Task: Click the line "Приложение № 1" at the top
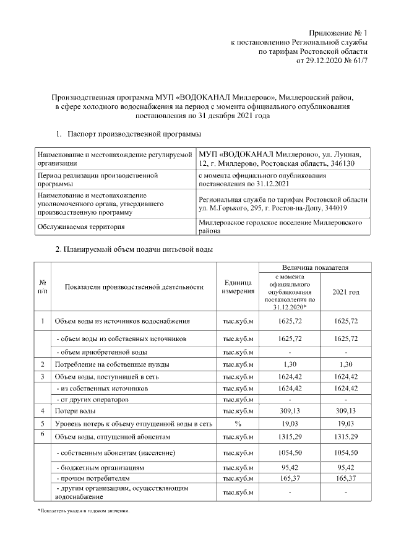(x=338, y=33)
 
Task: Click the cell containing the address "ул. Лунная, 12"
(x=282, y=158)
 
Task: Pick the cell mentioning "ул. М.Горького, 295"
(x=282, y=204)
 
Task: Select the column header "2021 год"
(x=345, y=291)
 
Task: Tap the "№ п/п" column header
(x=42, y=286)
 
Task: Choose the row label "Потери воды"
(x=75, y=410)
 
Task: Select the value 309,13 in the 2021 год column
(x=345, y=410)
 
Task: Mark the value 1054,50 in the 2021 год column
(x=345, y=454)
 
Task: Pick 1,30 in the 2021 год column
(x=345, y=364)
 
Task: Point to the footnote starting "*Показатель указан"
(x=84, y=511)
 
